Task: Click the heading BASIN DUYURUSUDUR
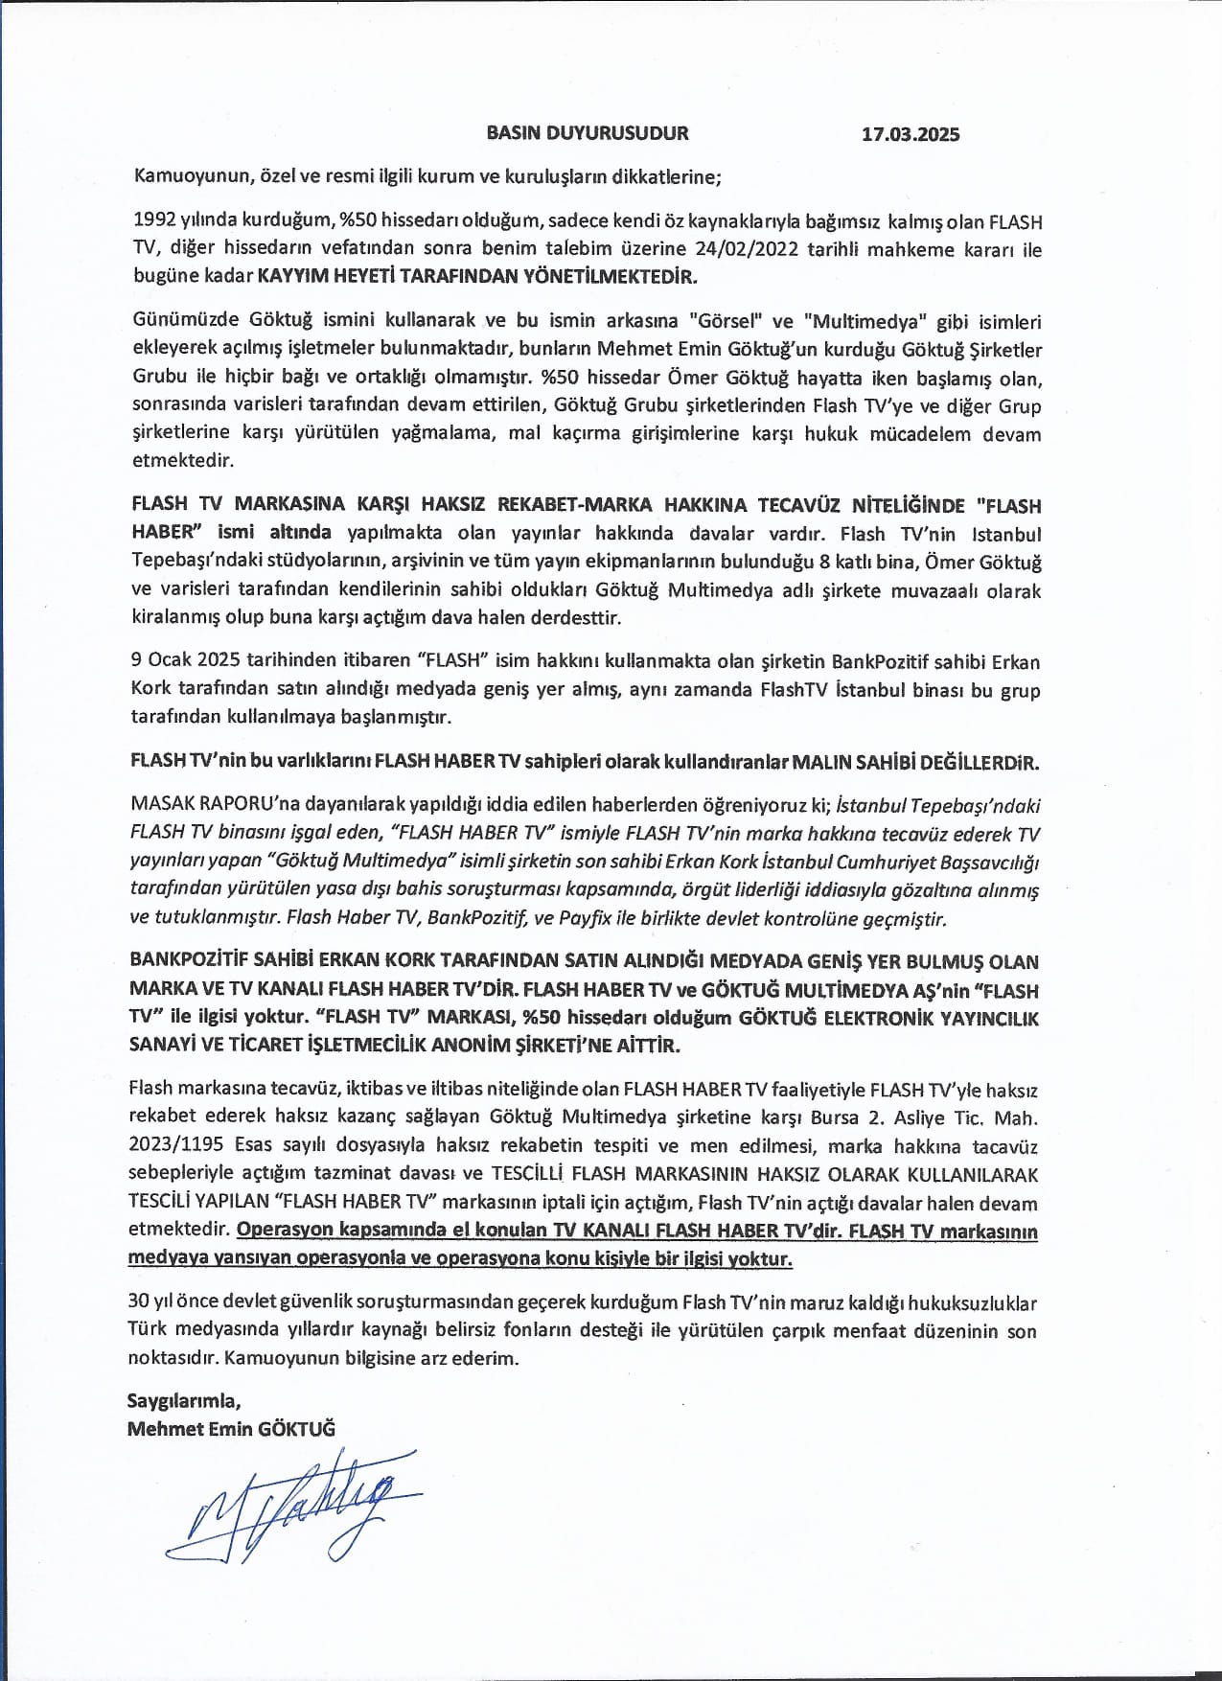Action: [587, 133]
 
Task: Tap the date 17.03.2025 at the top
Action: [910, 134]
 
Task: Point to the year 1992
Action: [154, 221]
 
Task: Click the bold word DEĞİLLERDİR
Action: [979, 763]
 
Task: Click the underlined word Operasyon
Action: [285, 1231]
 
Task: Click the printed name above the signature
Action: [231, 1428]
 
